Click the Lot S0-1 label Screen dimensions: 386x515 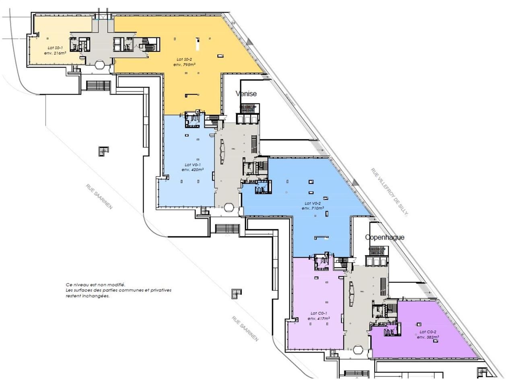pos(55,47)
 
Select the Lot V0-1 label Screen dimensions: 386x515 pos(193,165)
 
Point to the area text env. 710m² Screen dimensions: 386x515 pos(313,208)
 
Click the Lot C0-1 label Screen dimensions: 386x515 pos(319,313)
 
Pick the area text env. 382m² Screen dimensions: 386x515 pos(428,337)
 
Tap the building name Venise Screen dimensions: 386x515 pos(246,94)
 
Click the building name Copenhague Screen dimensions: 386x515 pos(384,237)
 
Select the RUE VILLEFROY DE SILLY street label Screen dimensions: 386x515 pos(389,193)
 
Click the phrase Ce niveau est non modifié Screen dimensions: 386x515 pos(96,284)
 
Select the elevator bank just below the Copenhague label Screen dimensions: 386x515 pos(377,261)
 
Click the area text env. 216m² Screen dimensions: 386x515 pos(55,53)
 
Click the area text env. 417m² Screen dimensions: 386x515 pos(319,318)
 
